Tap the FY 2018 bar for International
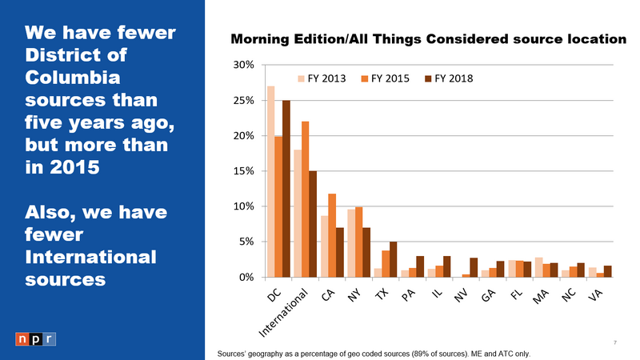[x=313, y=223]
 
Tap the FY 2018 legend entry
[x=449, y=78]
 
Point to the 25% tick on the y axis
[x=244, y=101]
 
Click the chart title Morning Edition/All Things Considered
[x=427, y=39]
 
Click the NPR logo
[x=36, y=338]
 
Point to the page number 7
[x=614, y=343]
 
